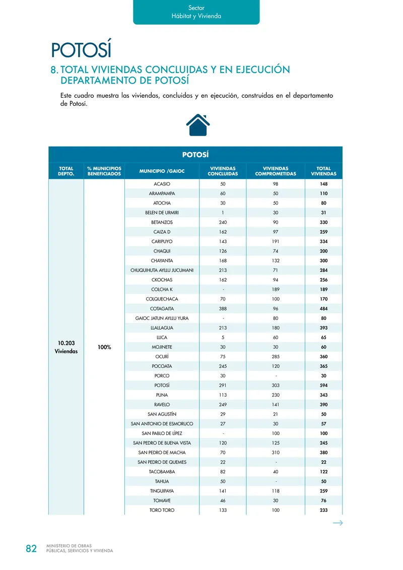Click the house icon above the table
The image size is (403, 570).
tap(198, 124)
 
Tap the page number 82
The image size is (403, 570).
tap(31, 549)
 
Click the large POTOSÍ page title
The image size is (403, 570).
tap(81, 50)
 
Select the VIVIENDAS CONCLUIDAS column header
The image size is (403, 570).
tap(223, 171)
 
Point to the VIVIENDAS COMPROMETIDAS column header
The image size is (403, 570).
tap(276, 171)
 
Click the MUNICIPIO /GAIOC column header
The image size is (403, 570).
tap(162, 171)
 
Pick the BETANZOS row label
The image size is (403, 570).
tap(162, 222)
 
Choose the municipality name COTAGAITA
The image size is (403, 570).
tap(162, 308)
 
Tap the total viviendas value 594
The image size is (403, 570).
tap(323, 385)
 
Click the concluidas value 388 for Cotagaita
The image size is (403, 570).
tap(223, 308)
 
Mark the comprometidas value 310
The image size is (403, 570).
tap(276, 453)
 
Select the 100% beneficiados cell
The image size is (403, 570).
tap(105, 347)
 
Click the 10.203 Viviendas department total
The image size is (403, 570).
tap(66, 347)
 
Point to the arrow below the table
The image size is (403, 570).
tap(338, 523)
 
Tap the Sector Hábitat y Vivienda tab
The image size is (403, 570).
tap(196, 12)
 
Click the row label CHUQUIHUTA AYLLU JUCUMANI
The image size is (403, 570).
tap(162, 270)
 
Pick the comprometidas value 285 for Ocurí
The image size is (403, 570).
tap(276, 356)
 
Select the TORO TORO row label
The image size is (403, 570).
tap(162, 510)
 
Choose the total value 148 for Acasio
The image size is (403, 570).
tap(323, 184)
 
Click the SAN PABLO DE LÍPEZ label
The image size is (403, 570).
tap(162, 433)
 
